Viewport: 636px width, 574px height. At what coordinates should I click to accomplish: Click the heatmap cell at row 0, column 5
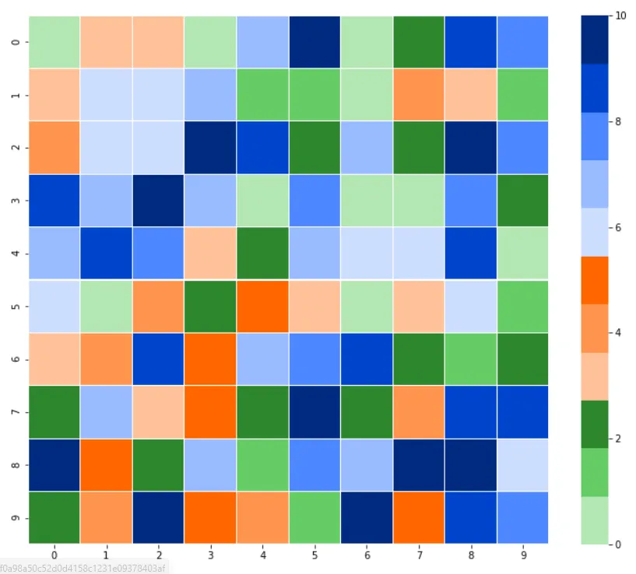pyautogui.click(x=314, y=41)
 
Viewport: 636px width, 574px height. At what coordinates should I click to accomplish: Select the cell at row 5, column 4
pyautogui.click(x=262, y=306)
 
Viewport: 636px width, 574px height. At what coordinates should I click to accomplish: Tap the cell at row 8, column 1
pyautogui.click(x=106, y=464)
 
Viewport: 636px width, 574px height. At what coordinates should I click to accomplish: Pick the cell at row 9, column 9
pyautogui.click(x=522, y=517)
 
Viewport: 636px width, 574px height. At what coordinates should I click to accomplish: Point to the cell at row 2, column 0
pyautogui.click(x=54, y=147)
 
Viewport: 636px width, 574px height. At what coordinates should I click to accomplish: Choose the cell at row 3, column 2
pyautogui.click(x=158, y=200)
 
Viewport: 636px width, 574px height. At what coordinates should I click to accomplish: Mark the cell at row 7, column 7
pyautogui.click(x=418, y=411)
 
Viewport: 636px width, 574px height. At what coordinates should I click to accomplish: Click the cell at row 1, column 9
pyautogui.click(x=522, y=94)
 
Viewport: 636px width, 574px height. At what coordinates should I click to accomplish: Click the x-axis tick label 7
pyautogui.click(x=418, y=555)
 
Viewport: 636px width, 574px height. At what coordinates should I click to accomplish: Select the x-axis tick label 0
pyautogui.click(x=54, y=555)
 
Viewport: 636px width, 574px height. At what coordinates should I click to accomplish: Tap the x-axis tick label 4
pyautogui.click(x=262, y=555)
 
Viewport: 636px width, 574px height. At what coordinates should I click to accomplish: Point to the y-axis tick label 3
pyautogui.click(x=18, y=200)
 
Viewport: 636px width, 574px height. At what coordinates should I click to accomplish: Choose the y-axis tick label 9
pyautogui.click(x=18, y=517)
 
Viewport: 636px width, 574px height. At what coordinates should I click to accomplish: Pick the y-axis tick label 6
pyautogui.click(x=18, y=359)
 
